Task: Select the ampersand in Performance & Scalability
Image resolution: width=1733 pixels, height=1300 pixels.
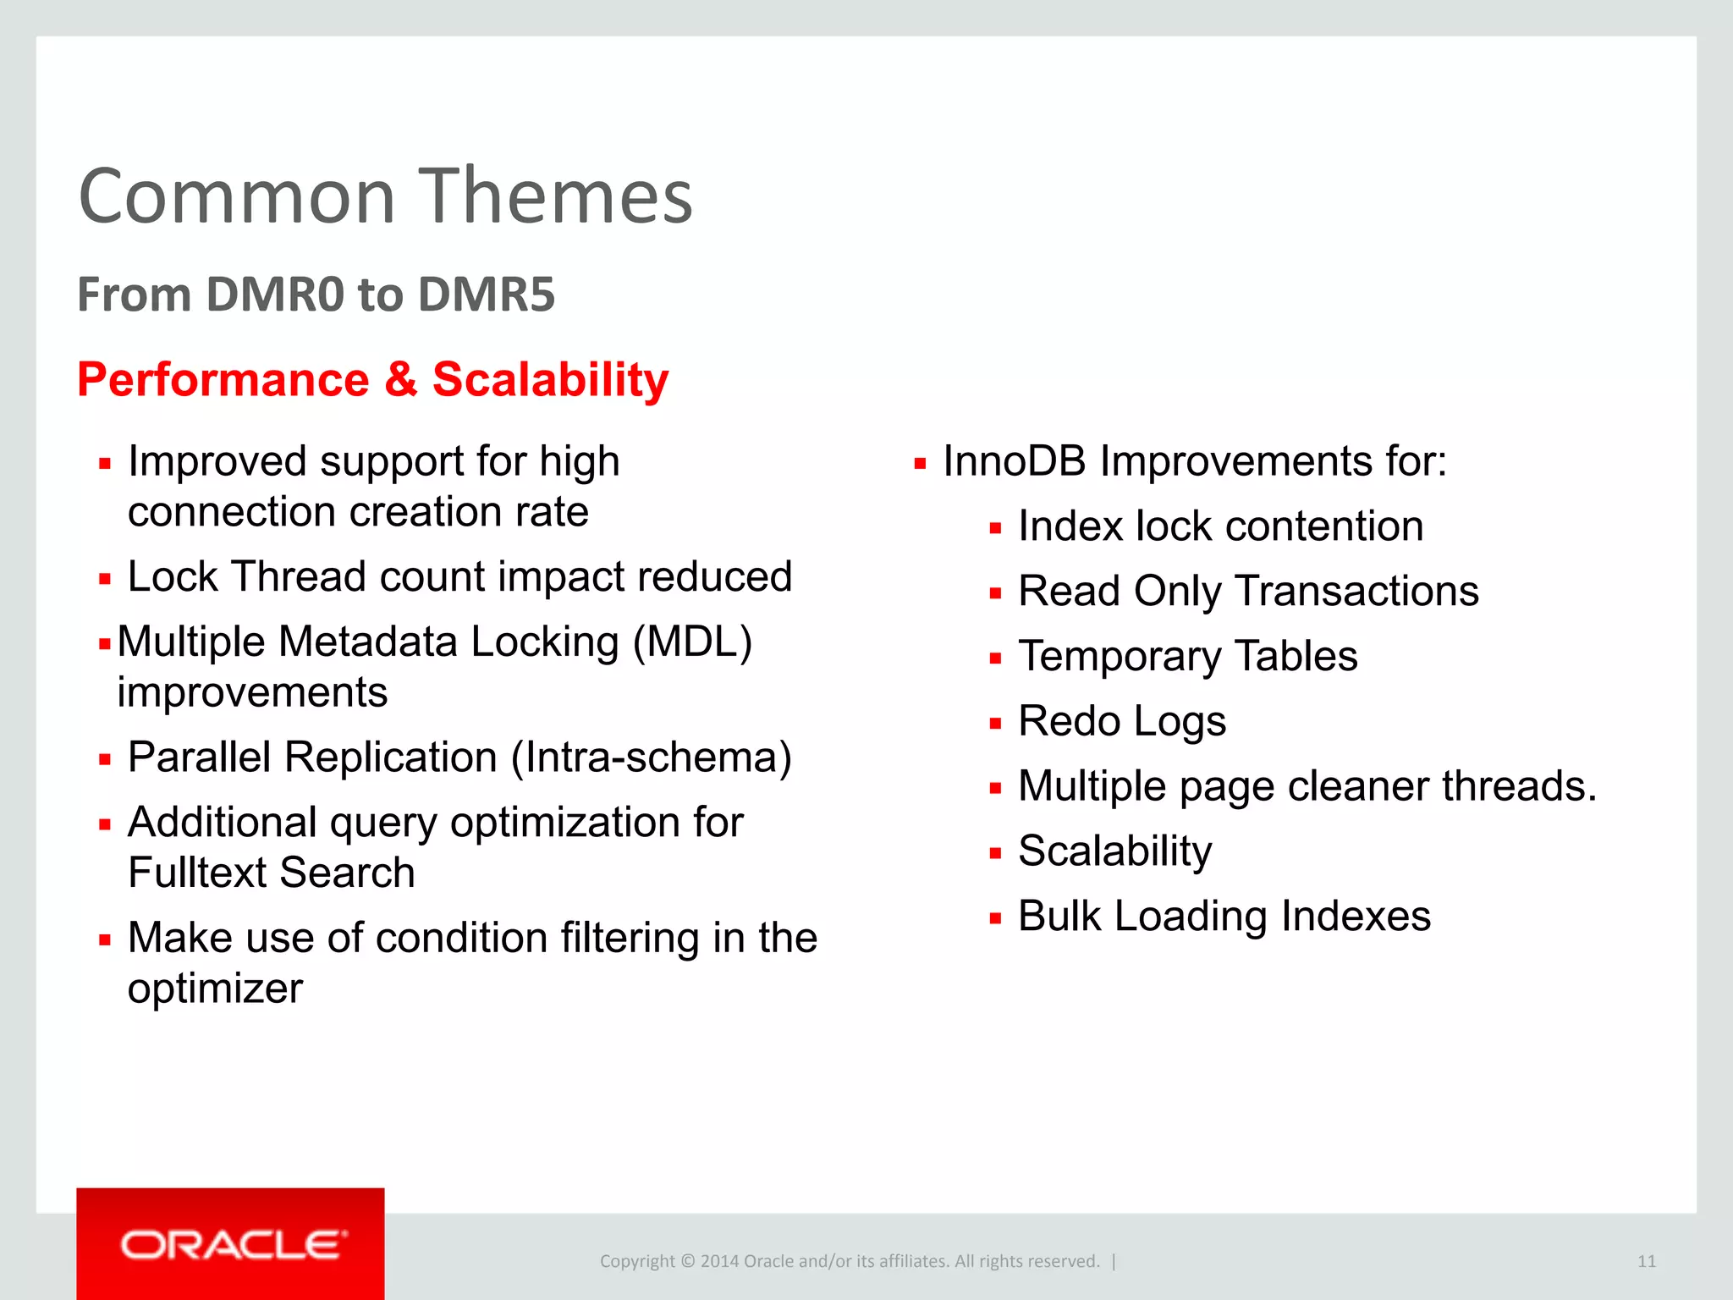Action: coord(401,379)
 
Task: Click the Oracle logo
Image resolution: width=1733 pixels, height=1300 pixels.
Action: coord(231,1244)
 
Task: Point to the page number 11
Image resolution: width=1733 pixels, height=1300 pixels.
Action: coord(1646,1261)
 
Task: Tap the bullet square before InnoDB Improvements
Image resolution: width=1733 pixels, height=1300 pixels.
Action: coord(920,464)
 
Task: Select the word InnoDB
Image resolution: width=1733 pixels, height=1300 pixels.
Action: coord(1014,462)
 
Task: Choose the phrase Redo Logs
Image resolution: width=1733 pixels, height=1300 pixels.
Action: coord(1121,721)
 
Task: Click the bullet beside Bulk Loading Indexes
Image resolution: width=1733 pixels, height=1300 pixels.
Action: coord(995,918)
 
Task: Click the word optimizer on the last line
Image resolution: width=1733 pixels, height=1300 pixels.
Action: coord(215,989)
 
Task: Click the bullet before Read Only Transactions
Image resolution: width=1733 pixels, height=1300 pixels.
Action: coord(995,593)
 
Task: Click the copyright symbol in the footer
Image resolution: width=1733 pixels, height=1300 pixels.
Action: coord(687,1261)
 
